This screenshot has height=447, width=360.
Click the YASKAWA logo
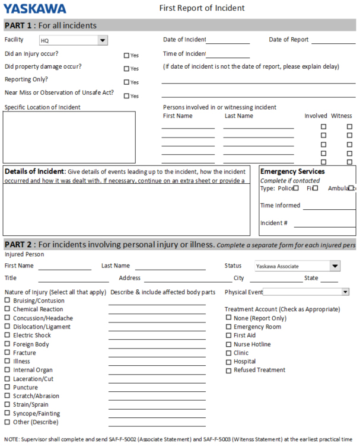[35, 8]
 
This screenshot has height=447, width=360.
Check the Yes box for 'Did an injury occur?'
[126, 55]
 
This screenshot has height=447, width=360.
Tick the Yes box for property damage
[126, 69]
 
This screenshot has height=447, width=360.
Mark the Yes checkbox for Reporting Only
[126, 82]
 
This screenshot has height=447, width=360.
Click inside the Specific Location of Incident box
[69, 136]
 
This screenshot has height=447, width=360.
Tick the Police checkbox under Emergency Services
[295, 188]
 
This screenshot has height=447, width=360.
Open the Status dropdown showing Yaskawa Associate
[335, 266]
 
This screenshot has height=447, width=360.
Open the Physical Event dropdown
[345, 292]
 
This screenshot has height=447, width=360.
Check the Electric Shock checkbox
[7, 335]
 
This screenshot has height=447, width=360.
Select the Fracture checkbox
[7, 353]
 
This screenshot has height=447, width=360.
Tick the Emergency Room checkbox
[228, 326]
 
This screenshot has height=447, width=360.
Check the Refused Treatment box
[228, 370]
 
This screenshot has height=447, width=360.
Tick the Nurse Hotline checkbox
[228, 344]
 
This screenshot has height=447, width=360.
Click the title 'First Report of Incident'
[202, 8]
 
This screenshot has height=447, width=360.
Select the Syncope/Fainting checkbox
[7, 413]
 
